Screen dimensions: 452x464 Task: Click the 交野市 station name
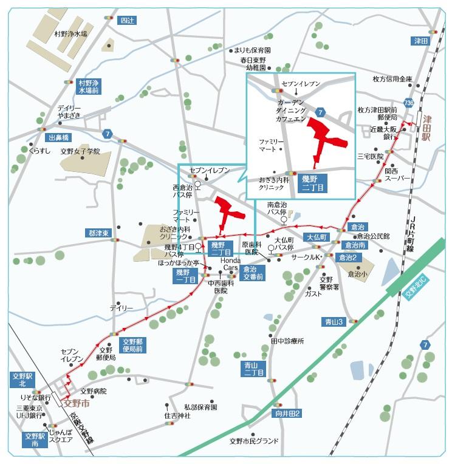click(77, 402)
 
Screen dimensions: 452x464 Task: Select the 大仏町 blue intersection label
click(317, 236)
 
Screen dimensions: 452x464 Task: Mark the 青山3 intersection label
click(333, 321)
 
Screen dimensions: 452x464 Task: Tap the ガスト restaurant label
click(313, 293)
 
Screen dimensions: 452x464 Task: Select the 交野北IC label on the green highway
click(416, 285)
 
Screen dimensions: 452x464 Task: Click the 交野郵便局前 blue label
click(131, 345)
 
